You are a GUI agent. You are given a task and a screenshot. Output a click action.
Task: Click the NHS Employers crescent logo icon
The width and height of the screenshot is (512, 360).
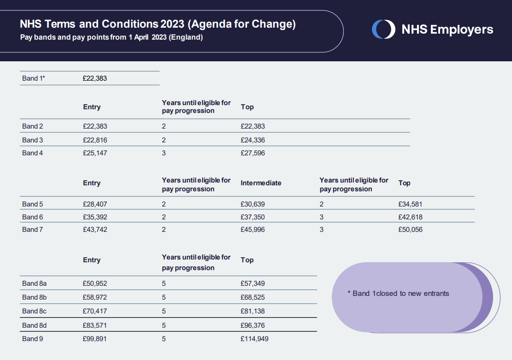[x=384, y=30]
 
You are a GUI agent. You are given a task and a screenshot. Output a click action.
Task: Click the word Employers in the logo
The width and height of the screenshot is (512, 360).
[x=461, y=30]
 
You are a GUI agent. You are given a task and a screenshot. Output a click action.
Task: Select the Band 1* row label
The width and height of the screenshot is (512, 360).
[x=33, y=78]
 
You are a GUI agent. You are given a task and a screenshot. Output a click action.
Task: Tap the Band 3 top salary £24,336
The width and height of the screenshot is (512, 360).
[x=253, y=140]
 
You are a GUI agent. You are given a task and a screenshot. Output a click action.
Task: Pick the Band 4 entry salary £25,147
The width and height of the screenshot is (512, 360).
[x=95, y=153]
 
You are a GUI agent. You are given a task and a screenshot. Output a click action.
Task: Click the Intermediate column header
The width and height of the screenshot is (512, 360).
[x=261, y=183]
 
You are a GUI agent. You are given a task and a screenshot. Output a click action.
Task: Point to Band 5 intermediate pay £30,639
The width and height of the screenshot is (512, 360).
[x=253, y=204]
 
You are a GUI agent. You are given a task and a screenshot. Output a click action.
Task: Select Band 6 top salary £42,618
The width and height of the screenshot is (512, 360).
[x=411, y=217]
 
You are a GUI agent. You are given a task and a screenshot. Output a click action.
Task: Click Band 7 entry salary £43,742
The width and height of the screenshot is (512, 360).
[x=95, y=230]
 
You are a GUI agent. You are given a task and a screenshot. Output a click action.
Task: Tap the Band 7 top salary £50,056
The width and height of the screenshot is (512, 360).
[x=411, y=230]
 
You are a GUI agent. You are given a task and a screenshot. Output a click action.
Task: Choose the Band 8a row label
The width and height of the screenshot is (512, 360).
[x=34, y=283]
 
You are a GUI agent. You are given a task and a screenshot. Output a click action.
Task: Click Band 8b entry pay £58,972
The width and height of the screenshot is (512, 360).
[x=94, y=297]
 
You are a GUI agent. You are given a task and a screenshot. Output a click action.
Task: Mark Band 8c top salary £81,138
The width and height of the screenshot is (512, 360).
[x=253, y=311]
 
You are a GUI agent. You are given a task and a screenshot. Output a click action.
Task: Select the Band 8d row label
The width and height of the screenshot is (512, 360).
[x=34, y=325]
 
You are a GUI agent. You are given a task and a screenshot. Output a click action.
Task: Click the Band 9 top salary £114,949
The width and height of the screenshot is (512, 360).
[x=255, y=339]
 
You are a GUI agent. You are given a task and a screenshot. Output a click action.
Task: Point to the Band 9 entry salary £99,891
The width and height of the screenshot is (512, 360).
[x=94, y=339]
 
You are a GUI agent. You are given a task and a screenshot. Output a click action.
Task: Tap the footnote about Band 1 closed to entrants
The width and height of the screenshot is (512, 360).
[x=398, y=293]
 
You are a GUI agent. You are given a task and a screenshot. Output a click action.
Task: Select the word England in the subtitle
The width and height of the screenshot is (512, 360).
[x=186, y=37]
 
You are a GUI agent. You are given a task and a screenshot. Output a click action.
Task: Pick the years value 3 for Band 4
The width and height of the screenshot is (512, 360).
[x=164, y=153]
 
